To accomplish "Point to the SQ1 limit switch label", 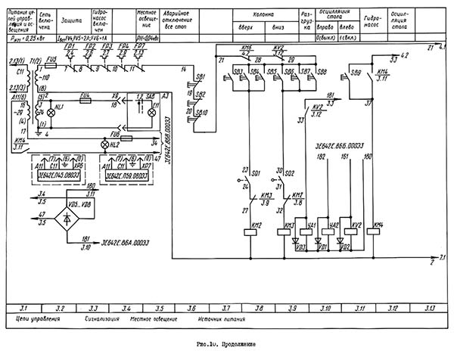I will click(256, 173).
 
